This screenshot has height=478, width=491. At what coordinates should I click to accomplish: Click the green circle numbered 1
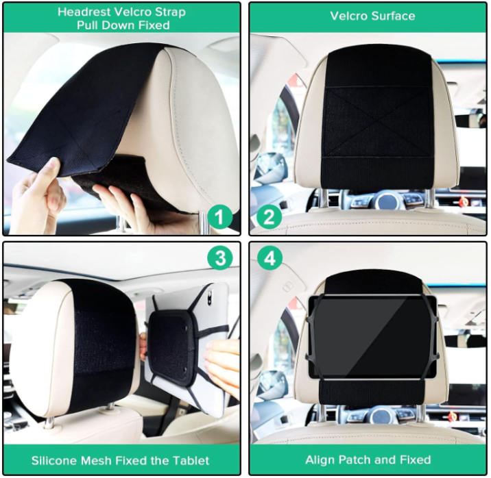click(x=220, y=216)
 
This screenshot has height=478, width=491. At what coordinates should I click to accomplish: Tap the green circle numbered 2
click(x=269, y=216)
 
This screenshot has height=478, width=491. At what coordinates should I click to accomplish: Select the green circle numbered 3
click(x=220, y=258)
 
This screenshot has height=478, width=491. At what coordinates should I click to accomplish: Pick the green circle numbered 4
click(x=270, y=258)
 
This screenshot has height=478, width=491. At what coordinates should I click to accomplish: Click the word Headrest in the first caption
click(x=84, y=12)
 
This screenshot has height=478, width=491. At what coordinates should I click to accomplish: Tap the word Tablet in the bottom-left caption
click(x=191, y=460)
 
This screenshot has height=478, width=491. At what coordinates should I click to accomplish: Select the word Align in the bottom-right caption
click(x=320, y=460)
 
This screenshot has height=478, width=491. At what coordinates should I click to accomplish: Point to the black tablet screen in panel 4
click(x=372, y=336)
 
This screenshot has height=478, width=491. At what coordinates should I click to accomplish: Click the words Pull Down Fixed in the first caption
click(x=123, y=25)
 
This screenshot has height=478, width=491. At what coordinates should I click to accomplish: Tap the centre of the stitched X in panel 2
click(x=376, y=122)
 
